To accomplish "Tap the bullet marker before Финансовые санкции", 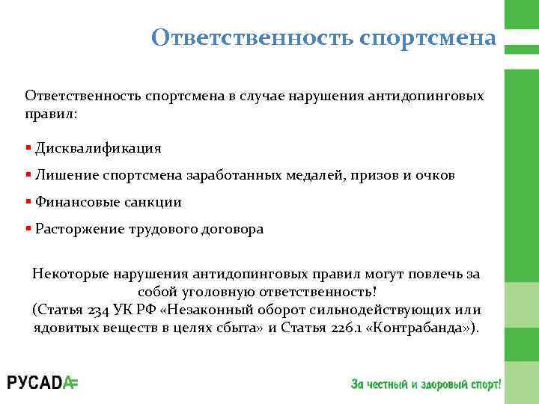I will point(28,201).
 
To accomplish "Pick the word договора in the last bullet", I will point(231,230).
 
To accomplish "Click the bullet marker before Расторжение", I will point(28,229).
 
